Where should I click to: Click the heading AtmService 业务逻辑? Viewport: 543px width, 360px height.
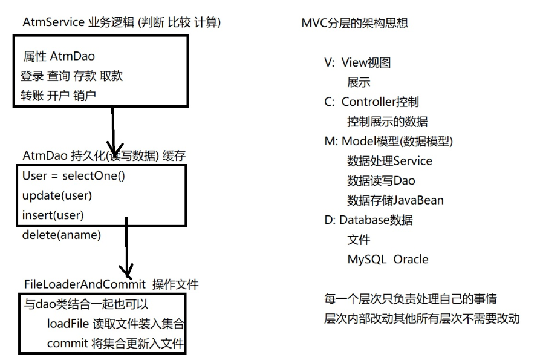122,22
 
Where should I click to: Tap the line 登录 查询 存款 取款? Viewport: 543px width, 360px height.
72,76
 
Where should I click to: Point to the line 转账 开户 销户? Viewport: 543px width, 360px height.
59,95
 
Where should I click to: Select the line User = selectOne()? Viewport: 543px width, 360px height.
77,176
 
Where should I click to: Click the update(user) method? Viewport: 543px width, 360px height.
57,195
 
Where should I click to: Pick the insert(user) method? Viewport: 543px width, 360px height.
53,215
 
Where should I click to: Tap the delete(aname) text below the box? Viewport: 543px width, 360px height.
61,234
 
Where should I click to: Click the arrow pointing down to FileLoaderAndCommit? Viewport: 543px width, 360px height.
126,248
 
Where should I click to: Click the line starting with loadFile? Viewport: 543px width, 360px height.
115,324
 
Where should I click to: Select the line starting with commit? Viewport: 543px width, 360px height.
115,343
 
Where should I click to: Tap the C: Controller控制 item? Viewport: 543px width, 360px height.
371,102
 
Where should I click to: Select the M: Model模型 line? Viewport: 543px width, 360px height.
389,141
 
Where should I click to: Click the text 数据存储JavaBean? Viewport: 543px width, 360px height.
395,200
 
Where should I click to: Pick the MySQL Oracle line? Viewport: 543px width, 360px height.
387,259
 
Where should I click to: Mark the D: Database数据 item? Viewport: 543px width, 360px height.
368,220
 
